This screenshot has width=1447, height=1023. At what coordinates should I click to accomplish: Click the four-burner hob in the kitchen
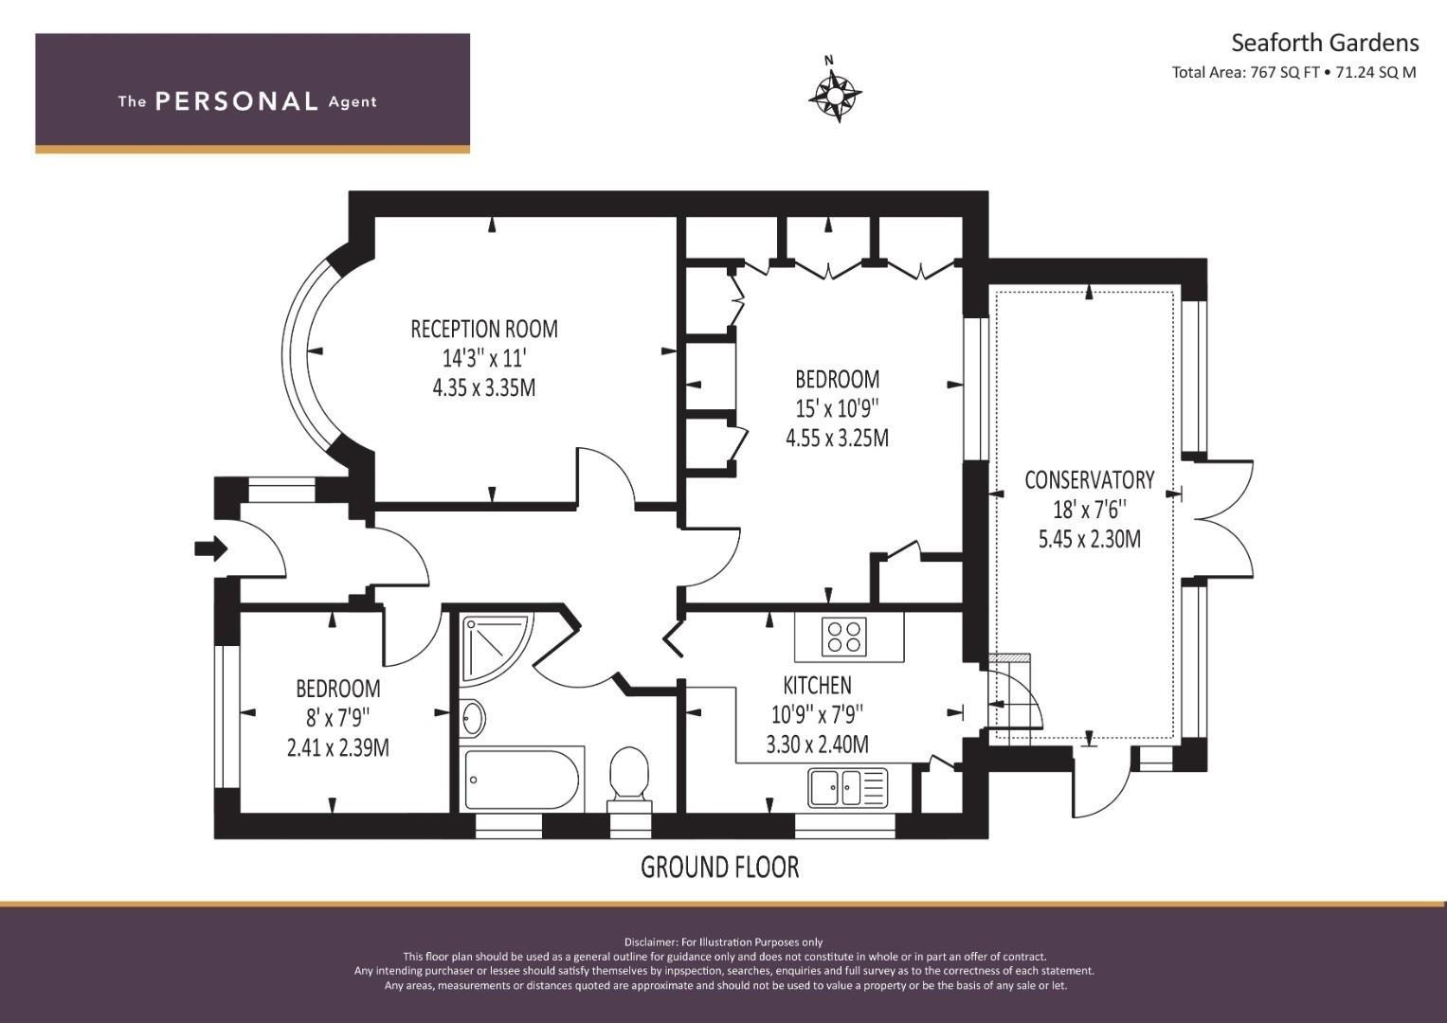pos(844,637)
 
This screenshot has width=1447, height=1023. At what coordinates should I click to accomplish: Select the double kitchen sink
pos(847,788)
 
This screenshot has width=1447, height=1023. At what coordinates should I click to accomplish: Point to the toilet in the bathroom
pos(628,780)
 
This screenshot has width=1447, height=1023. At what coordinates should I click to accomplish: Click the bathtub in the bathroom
pos(522,781)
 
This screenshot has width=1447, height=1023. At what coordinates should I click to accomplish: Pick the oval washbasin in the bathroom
pos(474,718)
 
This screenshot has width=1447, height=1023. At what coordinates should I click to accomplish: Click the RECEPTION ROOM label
pos(484,329)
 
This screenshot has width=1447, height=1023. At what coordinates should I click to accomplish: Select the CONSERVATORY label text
pos(1089,480)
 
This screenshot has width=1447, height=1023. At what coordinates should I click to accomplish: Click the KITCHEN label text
pos(817,685)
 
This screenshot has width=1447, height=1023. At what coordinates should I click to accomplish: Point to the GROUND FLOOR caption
pos(719,867)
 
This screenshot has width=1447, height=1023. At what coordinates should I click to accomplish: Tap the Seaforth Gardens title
pos(1325,44)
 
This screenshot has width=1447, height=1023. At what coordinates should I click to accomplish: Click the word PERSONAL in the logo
pos(237,100)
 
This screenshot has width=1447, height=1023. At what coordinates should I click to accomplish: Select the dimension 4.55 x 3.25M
pos(837,438)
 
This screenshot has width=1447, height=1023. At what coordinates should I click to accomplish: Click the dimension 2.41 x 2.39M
pos(338,748)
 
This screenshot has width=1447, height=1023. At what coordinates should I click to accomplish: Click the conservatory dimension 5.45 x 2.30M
pos(1089,539)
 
